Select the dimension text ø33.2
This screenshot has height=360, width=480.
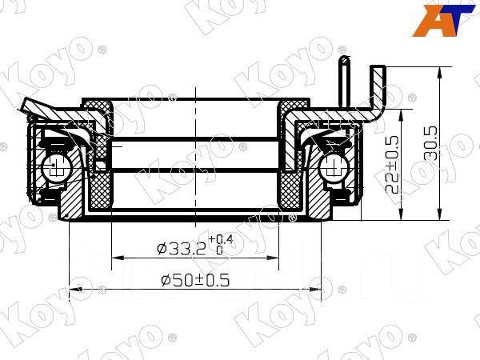click(x=181, y=249)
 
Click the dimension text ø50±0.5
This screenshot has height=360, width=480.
click(x=196, y=281)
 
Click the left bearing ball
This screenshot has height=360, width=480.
click(x=55, y=168)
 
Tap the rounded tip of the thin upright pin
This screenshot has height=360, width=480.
click(x=343, y=60)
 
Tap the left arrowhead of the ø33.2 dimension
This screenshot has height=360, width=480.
click(x=115, y=257)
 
